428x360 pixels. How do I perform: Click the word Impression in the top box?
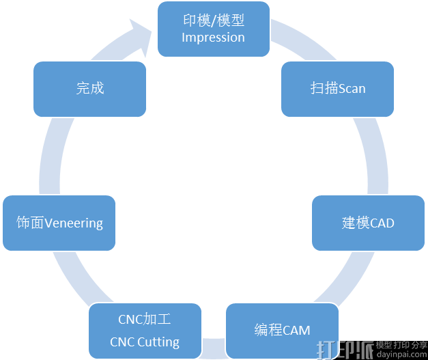tap(213, 38)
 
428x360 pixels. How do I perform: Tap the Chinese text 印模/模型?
tap(213, 20)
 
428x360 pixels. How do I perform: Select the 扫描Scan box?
tap(337, 89)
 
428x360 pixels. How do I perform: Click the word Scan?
tap(352, 89)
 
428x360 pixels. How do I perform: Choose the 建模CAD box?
tap(368, 223)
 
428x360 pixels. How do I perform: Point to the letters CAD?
tap(382, 223)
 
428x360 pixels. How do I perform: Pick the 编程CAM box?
tap(282, 331)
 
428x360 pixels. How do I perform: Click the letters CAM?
tap(296, 331)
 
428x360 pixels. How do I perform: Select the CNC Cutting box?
tap(145, 331)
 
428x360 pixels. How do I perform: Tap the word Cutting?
tap(159, 342)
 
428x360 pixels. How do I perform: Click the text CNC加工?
tap(145, 319)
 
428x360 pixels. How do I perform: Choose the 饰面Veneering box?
tap(59, 223)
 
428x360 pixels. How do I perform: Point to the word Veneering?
tap(74, 223)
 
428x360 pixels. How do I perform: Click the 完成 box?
tap(89, 88)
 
